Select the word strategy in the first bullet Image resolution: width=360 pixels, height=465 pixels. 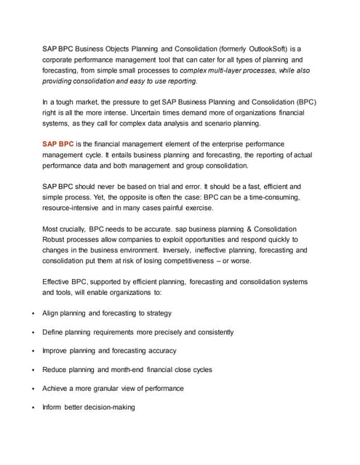(x=157, y=313)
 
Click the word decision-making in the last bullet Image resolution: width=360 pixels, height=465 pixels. (x=109, y=407)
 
